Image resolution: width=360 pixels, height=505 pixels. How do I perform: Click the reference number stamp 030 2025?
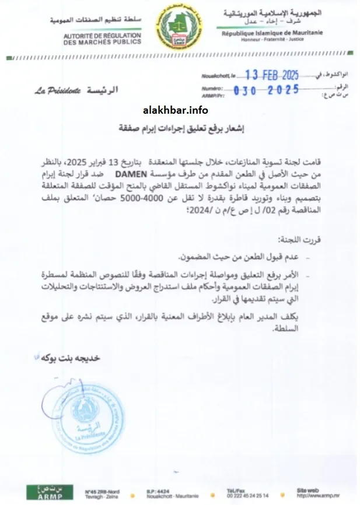coord(266,90)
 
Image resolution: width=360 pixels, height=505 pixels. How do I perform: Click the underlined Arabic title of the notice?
coord(180,127)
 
